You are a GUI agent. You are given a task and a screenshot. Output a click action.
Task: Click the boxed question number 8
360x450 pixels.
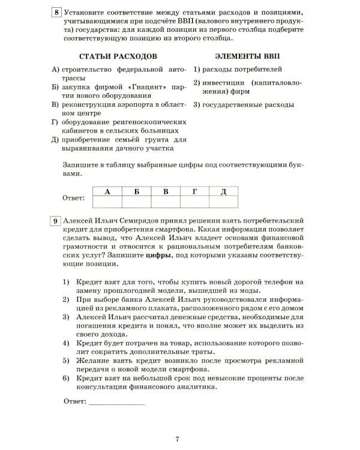click(56, 12)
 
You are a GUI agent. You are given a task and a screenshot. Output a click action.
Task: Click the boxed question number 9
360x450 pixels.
click(56, 221)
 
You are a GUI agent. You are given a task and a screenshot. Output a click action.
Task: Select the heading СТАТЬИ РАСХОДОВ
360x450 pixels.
click(106, 57)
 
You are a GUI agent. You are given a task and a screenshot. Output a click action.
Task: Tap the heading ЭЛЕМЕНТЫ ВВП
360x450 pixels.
click(244, 57)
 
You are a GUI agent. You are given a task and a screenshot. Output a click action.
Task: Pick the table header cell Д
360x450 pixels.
click(223, 191)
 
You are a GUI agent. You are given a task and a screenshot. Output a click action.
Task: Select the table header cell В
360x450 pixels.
click(165, 191)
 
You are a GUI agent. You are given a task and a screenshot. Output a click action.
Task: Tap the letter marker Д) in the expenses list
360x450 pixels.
click(56, 139)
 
